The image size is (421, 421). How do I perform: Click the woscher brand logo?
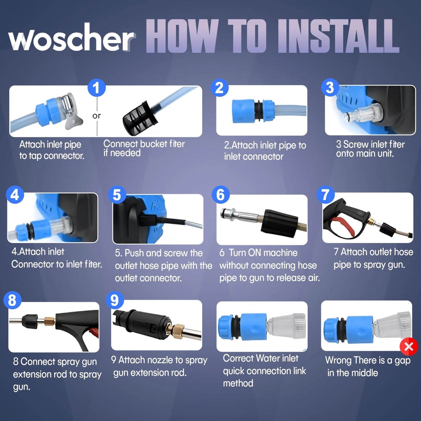point(71,38)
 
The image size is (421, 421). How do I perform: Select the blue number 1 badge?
point(97,88)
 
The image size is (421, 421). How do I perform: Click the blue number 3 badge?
point(330,88)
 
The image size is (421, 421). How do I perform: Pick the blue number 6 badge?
point(220,195)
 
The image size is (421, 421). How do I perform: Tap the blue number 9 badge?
point(115,300)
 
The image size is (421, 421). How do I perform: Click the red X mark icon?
point(409,346)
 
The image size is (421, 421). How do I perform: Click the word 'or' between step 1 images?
point(97,116)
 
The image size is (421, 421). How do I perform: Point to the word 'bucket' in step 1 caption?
point(154,144)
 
